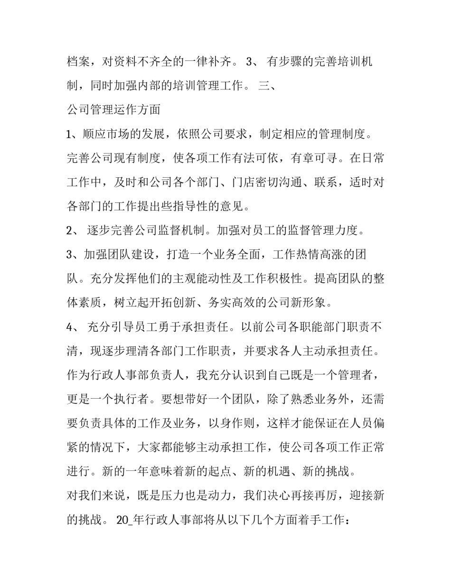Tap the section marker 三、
[271, 86]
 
